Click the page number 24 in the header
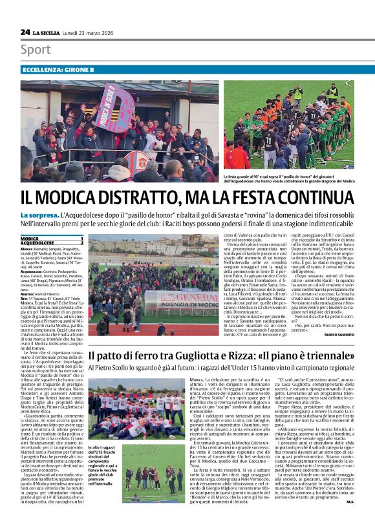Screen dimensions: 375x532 point(25,31)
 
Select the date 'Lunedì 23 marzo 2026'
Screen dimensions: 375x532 point(95,32)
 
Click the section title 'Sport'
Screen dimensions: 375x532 point(36,50)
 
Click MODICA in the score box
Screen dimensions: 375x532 point(31,239)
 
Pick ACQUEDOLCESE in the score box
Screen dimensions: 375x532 point(38,243)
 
